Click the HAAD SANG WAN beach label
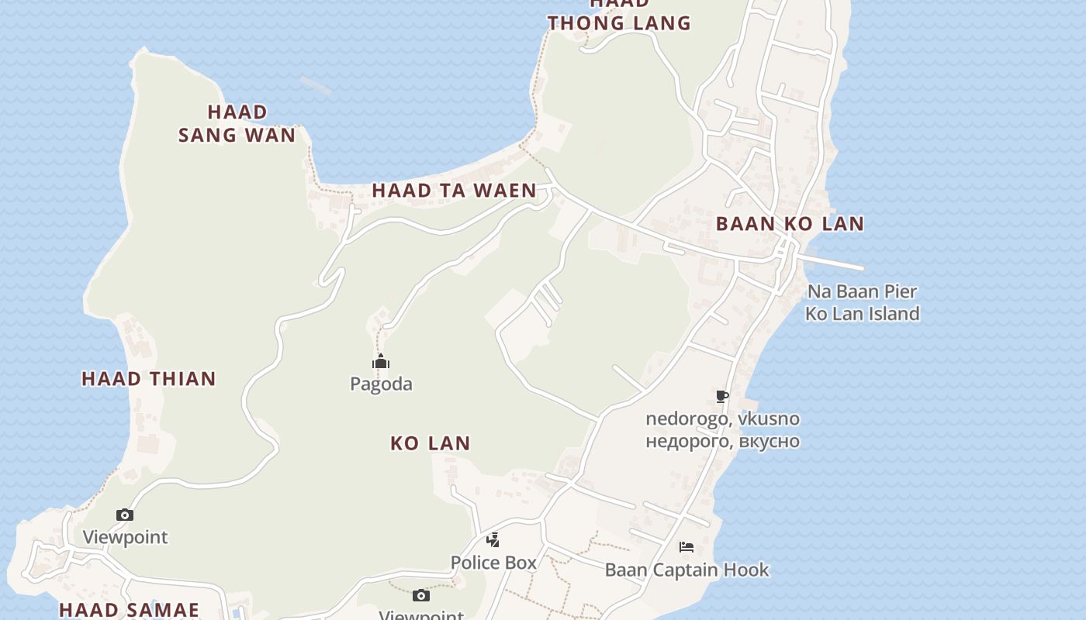(x=237, y=123)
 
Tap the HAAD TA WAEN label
(x=454, y=190)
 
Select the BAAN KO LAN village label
(x=790, y=224)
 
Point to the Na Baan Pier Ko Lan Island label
(x=862, y=302)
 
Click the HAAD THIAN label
(x=148, y=379)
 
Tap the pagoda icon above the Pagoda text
(x=380, y=361)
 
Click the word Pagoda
(x=381, y=384)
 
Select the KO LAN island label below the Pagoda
(x=430, y=443)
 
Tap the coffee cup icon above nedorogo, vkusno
(x=722, y=397)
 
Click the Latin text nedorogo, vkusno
(x=722, y=418)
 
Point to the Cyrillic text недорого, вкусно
(x=722, y=441)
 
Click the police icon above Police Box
(x=493, y=540)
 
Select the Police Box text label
(x=493, y=563)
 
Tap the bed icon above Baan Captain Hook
(x=687, y=547)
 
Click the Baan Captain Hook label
(x=687, y=570)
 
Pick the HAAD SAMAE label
(x=129, y=610)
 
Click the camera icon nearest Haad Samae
(x=125, y=515)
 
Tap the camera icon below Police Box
(x=421, y=595)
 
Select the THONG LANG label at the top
(x=618, y=22)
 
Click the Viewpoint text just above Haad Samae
(x=125, y=537)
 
